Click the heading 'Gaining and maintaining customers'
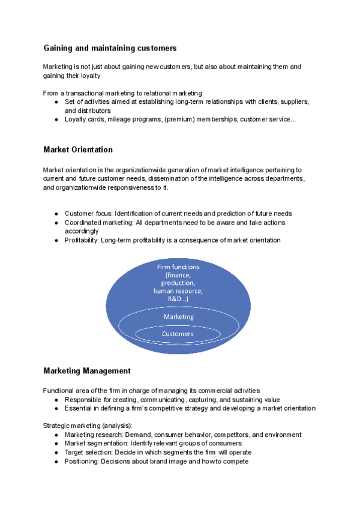point(110,47)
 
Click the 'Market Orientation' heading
point(78,149)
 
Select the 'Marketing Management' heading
point(87,371)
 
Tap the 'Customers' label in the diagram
point(178,334)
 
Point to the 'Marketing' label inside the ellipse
point(179,316)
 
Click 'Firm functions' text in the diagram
point(178,267)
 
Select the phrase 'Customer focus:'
point(88,214)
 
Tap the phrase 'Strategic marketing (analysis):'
point(88,426)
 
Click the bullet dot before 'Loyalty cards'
point(56,119)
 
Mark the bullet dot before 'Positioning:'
point(56,461)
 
